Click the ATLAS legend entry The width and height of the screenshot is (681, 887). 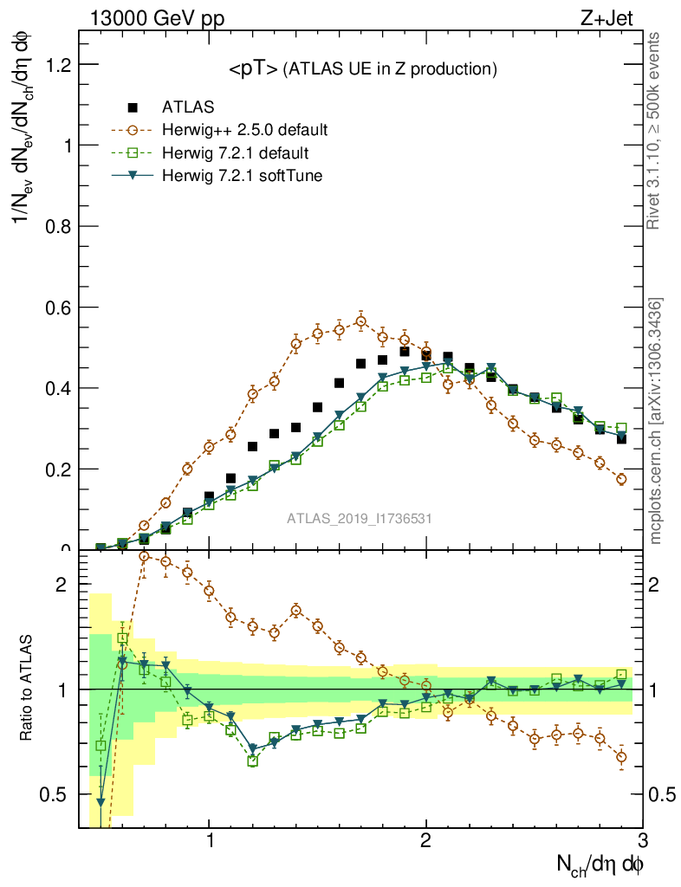point(187,108)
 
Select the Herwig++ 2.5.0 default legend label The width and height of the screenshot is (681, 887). point(244,131)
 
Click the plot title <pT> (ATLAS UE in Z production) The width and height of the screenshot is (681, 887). point(362,69)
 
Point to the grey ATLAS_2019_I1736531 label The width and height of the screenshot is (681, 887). point(360,518)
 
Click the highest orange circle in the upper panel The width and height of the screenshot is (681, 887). point(361,322)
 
